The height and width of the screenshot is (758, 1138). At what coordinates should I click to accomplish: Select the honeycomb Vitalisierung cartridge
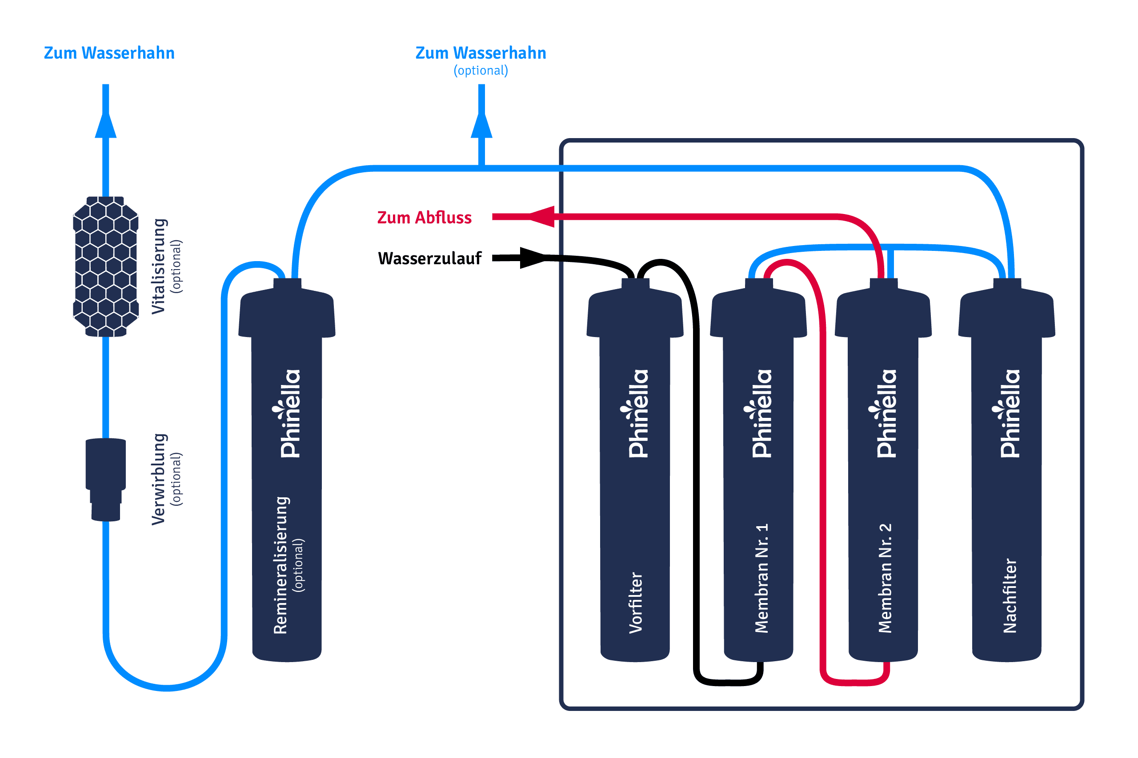click(105, 266)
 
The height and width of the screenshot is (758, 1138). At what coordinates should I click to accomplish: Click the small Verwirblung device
click(105, 479)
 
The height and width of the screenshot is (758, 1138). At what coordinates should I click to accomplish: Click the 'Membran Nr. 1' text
click(761, 578)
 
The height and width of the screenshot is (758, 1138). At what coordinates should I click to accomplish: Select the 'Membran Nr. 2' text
click(885, 578)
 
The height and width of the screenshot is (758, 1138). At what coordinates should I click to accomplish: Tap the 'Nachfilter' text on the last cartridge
click(1010, 596)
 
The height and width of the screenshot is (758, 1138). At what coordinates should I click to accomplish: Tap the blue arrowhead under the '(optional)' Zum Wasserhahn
click(481, 126)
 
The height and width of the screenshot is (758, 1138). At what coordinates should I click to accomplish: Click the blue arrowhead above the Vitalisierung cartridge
click(105, 126)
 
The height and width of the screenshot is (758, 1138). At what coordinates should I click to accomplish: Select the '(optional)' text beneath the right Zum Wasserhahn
click(481, 71)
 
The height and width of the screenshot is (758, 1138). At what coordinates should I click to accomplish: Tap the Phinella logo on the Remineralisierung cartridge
click(289, 413)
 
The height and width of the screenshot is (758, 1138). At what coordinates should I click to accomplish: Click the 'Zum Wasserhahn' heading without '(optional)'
click(109, 53)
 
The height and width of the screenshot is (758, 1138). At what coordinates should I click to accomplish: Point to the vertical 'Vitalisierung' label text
click(159, 266)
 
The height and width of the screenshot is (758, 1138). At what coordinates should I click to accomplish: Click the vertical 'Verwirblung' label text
click(159, 479)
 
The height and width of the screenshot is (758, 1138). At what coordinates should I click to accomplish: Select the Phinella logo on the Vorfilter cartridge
click(637, 413)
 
